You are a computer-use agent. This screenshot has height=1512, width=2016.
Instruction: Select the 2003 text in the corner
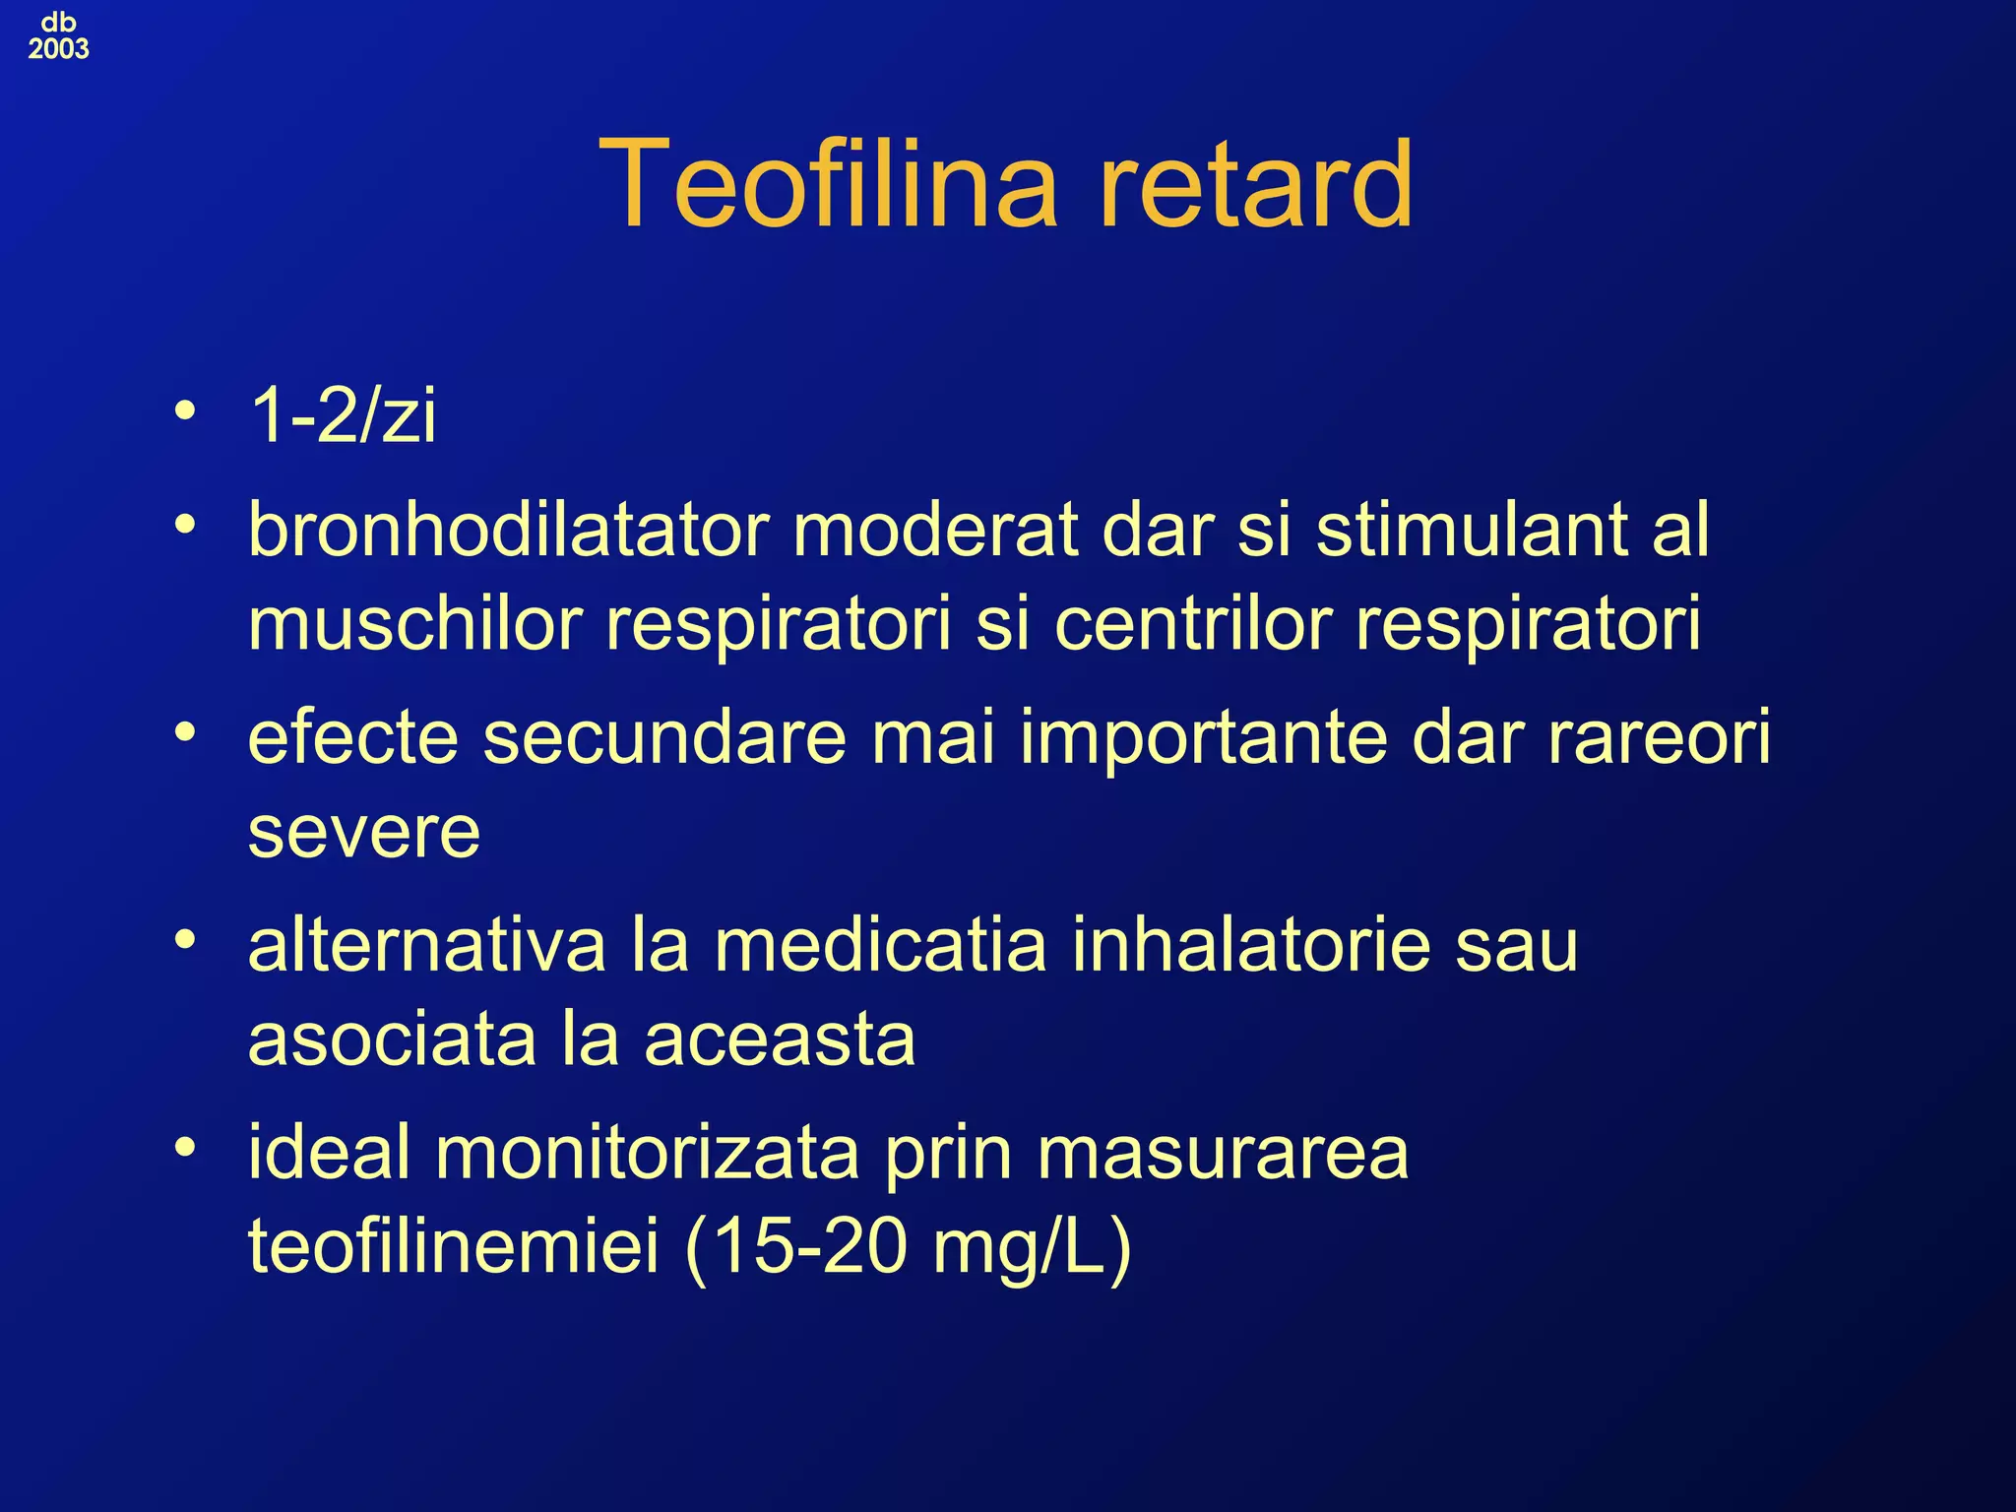coord(58,48)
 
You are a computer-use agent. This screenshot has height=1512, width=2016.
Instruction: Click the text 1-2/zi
coord(343,415)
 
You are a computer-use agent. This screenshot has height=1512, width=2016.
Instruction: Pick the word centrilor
coord(1193,624)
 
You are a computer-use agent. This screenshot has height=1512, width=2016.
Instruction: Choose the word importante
coord(1204,737)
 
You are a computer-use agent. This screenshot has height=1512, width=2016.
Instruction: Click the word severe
coord(364,833)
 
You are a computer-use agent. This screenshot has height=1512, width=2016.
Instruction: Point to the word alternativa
coord(426,945)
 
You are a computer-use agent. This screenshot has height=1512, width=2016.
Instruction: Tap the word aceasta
coord(780,1039)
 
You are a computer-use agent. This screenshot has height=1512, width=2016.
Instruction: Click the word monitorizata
coord(647,1153)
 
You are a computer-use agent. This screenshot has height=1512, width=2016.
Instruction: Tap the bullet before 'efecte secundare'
coord(184,731)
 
